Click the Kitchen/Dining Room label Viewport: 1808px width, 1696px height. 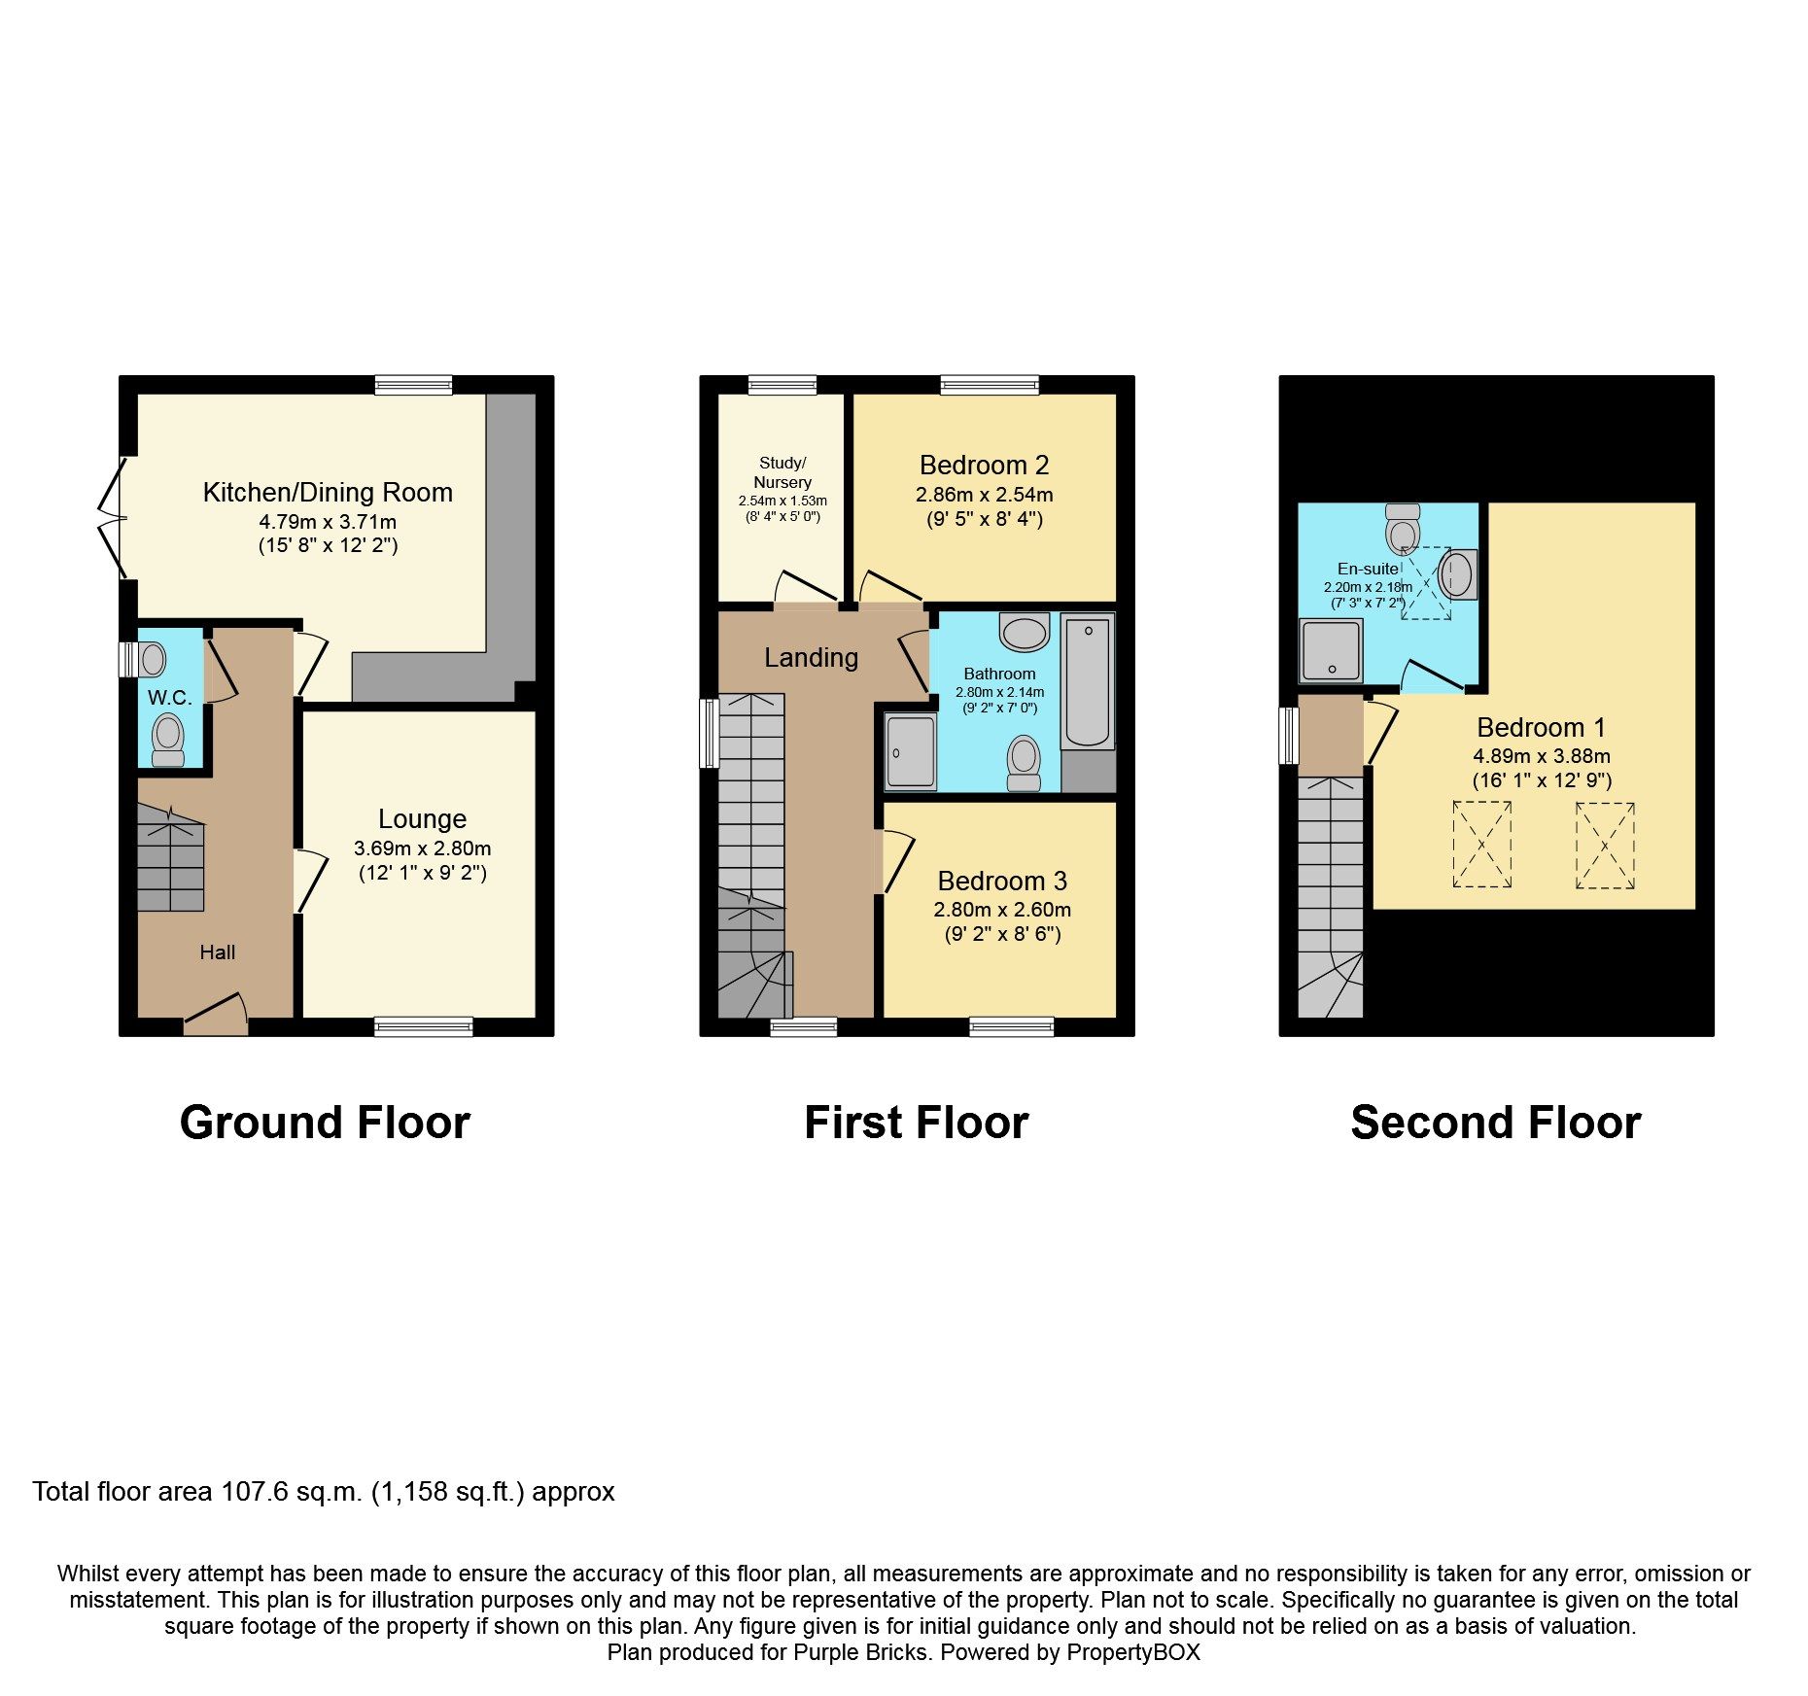[328, 493]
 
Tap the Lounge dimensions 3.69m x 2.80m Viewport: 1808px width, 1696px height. [422, 848]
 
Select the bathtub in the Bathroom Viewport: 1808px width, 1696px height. [1088, 681]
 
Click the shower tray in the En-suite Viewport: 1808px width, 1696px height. [1331, 649]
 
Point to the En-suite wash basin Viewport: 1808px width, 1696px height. [1458, 574]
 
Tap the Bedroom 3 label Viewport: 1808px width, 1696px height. [1002, 882]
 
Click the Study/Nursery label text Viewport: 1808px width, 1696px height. [782, 472]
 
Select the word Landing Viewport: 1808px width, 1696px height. [811, 658]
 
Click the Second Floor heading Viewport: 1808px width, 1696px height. [1495, 1123]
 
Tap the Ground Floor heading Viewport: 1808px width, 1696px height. [325, 1123]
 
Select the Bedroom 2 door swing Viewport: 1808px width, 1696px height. [887, 587]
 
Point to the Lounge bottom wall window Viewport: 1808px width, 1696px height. [423, 1027]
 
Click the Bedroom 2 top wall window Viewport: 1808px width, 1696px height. [989, 385]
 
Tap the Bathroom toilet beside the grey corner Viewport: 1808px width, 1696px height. [1024, 762]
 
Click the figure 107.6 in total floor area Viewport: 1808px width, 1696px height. [254, 1492]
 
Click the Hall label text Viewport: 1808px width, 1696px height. [218, 952]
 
